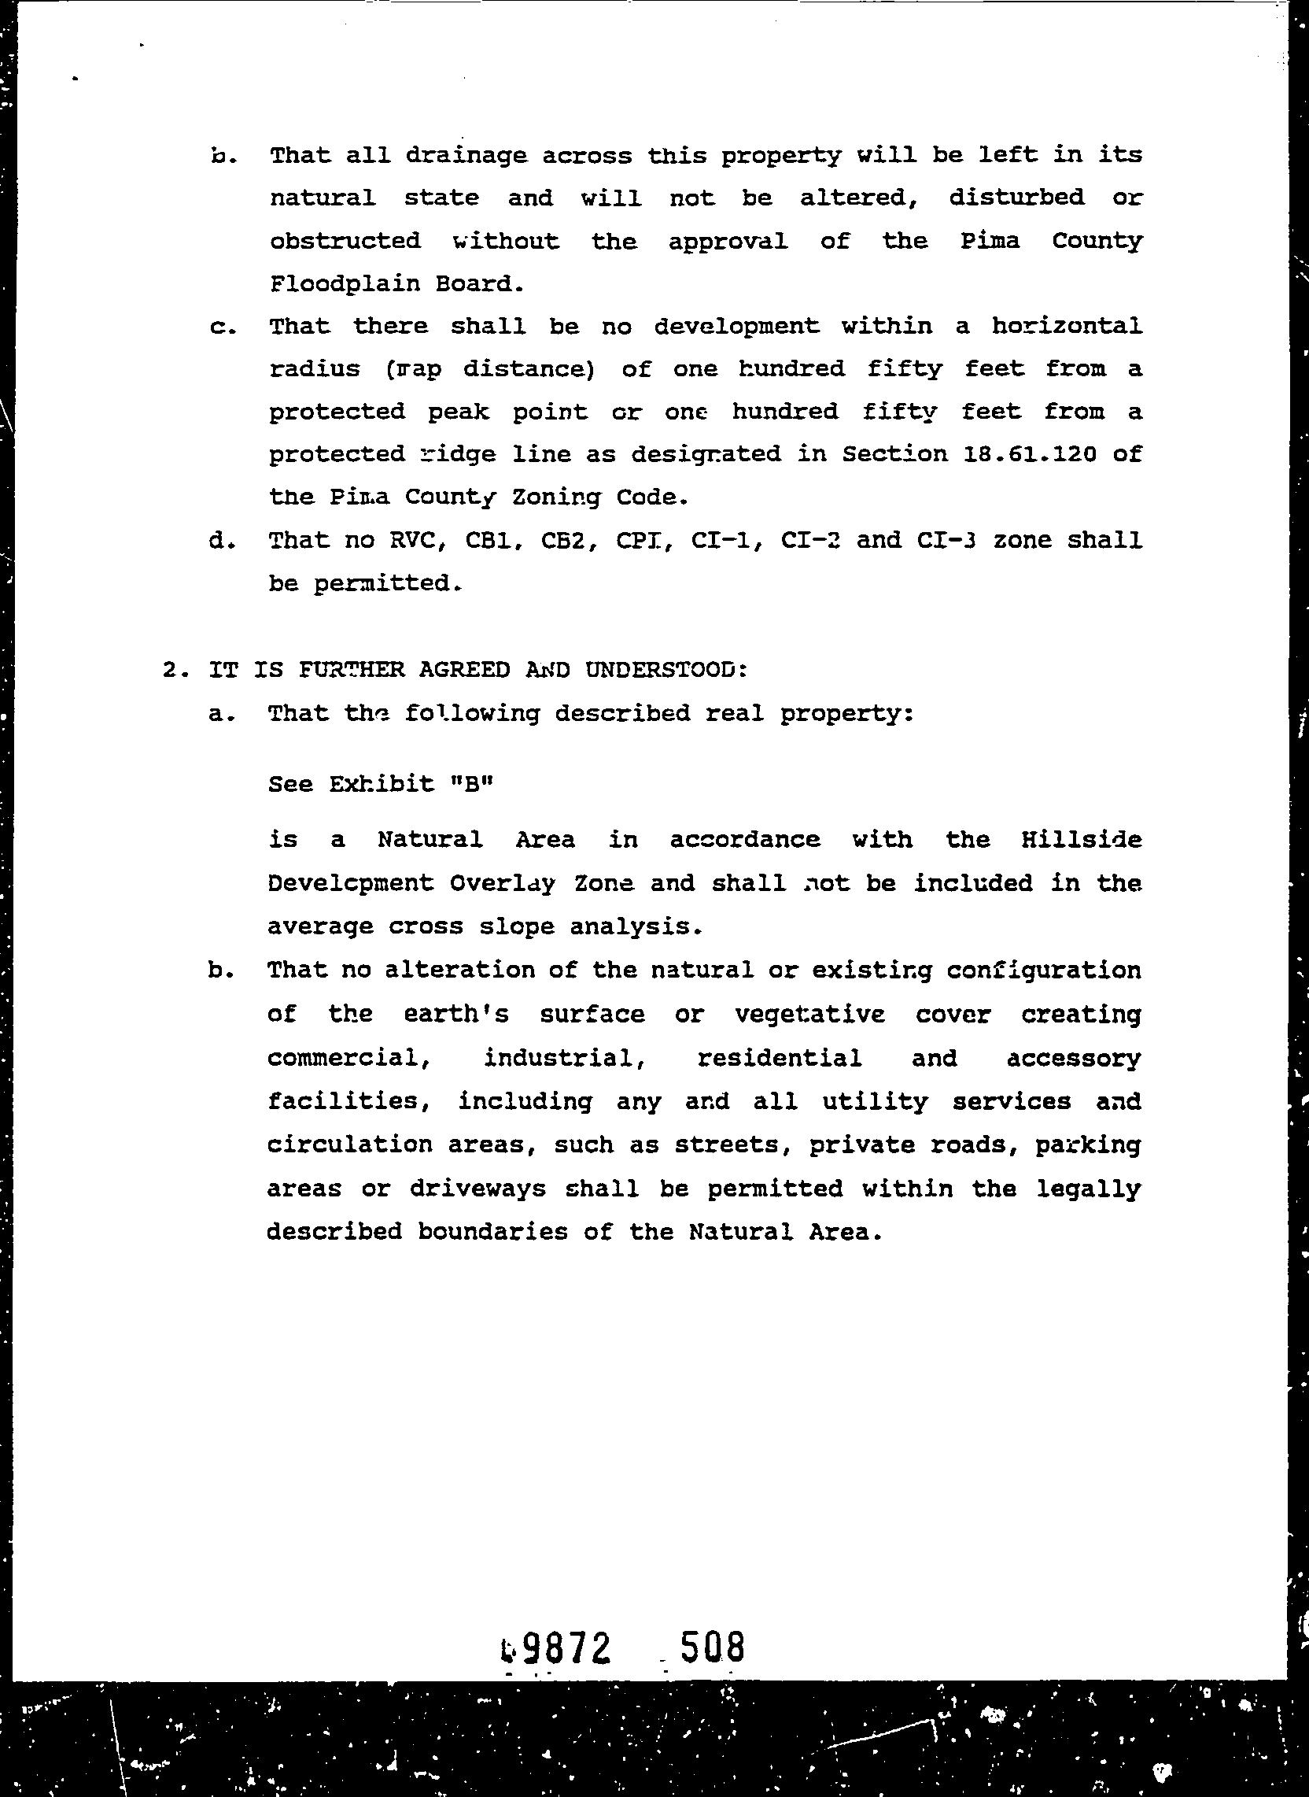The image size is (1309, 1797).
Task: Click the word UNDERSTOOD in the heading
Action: tap(666, 670)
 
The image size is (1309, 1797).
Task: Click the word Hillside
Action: tap(1081, 839)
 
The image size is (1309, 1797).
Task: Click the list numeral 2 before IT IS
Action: tap(169, 670)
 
